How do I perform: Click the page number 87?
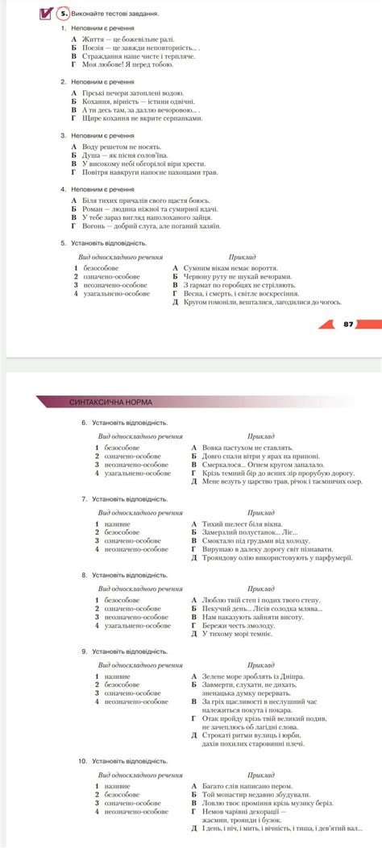pos(348,324)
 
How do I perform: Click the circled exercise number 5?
pos(64,13)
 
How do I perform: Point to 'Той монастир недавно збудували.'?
pos(253,793)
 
